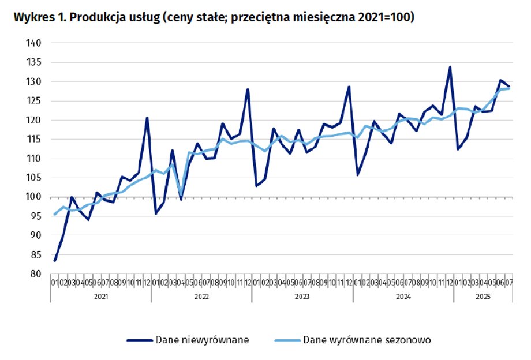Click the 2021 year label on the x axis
[x=100, y=297]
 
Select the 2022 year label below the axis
[x=201, y=297]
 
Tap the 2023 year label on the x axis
[x=302, y=297]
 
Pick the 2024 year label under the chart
[x=403, y=297]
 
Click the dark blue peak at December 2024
[x=450, y=67]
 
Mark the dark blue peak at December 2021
[x=147, y=118]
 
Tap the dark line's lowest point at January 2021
[x=55, y=261]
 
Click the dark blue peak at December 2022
[x=248, y=89]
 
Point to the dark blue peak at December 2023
[x=349, y=87]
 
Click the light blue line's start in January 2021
[x=55, y=214]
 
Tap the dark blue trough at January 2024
[x=357, y=175]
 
